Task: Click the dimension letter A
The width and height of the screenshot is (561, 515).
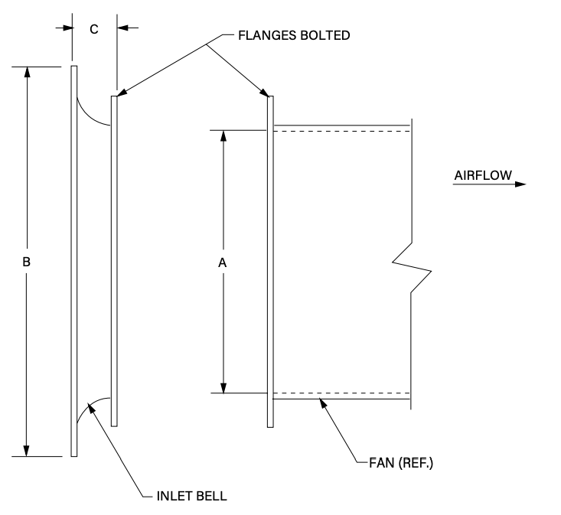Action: point(222,263)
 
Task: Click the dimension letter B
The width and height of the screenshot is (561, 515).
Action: point(26,262)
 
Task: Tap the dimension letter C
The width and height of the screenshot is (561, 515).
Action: point(93,29)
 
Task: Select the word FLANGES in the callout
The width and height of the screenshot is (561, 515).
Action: point(268,35)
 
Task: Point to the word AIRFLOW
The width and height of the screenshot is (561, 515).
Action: point(483,175)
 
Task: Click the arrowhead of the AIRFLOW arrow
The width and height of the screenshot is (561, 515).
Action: point(520,184)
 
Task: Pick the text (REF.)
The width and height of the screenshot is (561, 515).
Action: point(416,463)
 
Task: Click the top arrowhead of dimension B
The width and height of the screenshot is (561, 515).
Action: point(27,72)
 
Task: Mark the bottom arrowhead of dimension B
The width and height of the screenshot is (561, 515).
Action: point(26,451)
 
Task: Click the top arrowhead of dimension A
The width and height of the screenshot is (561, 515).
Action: point(223,135)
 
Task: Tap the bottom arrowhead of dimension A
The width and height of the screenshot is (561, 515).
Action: point(223,388)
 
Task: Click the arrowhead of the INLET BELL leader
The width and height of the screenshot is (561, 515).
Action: point(92,407)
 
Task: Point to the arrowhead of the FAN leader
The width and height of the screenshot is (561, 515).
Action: point(323,403)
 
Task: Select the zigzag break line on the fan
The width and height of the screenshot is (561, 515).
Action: point(412,266)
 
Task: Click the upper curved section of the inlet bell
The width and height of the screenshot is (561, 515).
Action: point(90,116)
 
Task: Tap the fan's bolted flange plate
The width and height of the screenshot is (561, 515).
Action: point(270,262)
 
